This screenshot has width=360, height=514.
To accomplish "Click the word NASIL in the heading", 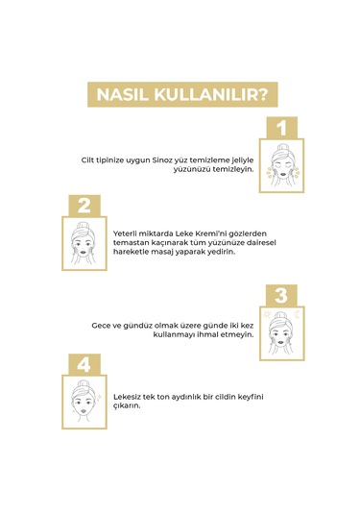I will click(118, 94).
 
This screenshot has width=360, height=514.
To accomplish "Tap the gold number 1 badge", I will click(281, 128).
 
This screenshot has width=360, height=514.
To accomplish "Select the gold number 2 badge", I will click(84, 205).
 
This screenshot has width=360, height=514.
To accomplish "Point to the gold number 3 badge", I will click(281, 296).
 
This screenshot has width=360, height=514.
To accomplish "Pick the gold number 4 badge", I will click(84, 364).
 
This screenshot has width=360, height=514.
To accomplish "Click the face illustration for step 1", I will click(281, 162).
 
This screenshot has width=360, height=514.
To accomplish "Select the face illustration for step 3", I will click(281, 330).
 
